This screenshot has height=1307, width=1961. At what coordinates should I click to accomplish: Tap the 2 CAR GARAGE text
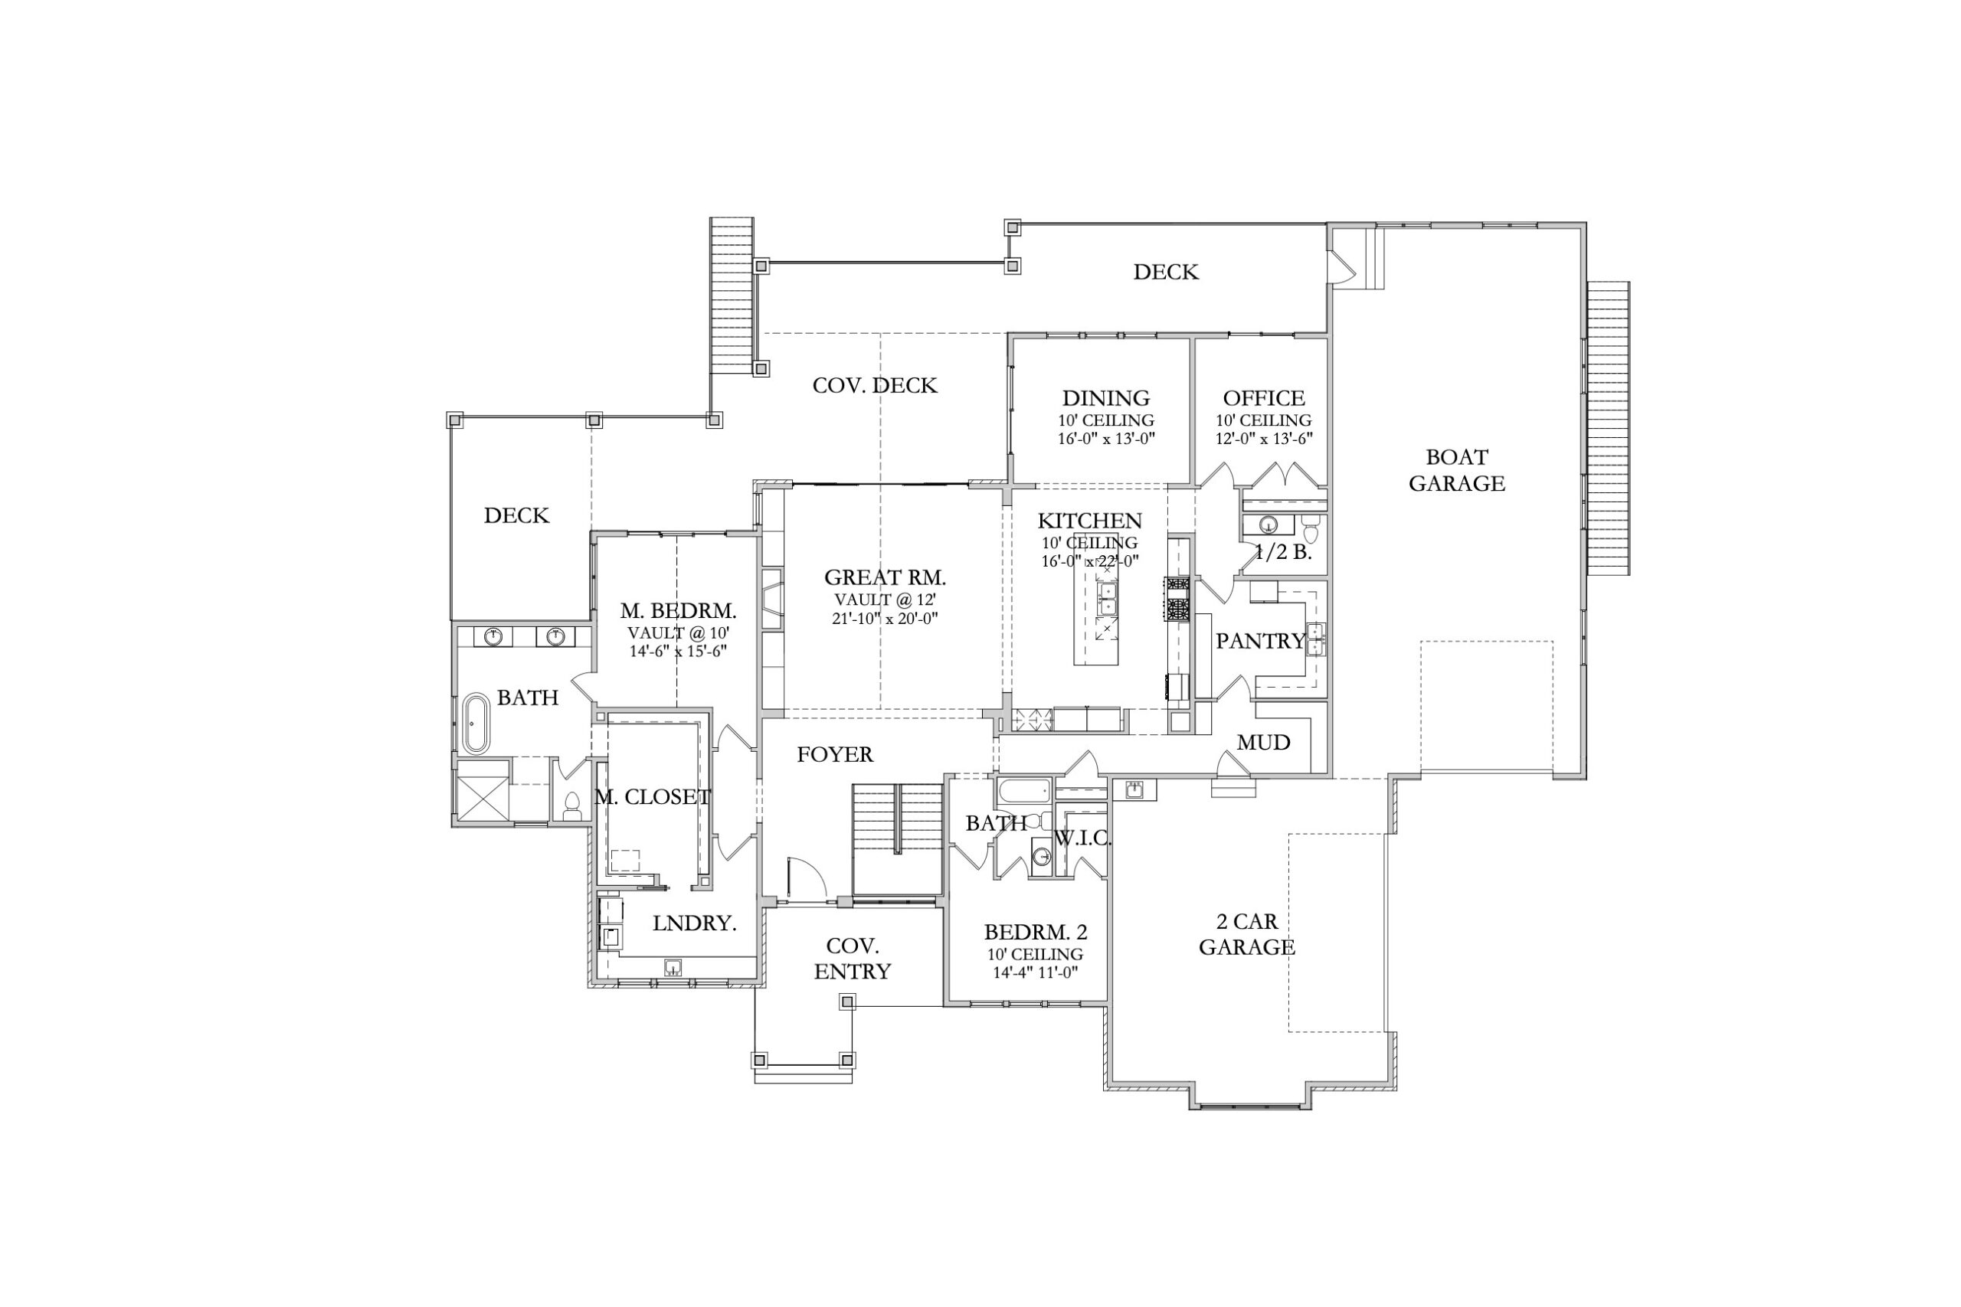(x=1246, y=934)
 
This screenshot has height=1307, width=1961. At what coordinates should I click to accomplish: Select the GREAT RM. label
(x=885, y=577)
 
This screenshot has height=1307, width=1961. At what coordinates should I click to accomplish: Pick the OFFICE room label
(x=1263, y=398)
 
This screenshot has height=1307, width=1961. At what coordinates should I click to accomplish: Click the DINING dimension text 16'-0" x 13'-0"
(x=1105, y=439)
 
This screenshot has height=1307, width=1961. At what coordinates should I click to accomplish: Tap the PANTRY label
(x=1260, y=641)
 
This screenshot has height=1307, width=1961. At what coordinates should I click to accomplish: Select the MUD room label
(x=1263, y=743)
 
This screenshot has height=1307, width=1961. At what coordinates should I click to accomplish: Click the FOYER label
(x=835, y=754)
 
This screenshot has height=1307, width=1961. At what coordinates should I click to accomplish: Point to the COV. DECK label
(x=875, y=385)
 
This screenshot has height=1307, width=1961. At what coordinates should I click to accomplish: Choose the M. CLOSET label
(x=652, y=797)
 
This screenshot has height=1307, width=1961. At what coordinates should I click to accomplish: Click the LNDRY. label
(x=695, y=923)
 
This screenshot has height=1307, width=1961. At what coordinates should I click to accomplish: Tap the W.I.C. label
(x=1083, y=838)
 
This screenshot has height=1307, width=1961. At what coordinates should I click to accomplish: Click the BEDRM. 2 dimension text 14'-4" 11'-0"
(x=1036, y=972)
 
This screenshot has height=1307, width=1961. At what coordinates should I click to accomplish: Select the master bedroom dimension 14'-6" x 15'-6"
(x=678, y=651)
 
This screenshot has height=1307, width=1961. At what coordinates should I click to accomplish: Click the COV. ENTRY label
(x=852, y=959)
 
